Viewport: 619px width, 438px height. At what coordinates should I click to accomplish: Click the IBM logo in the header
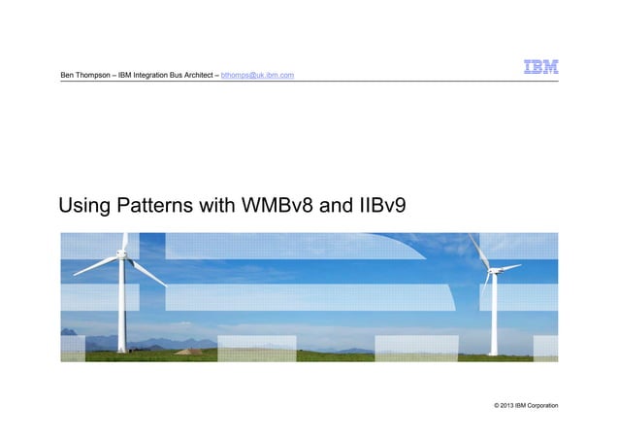click(540, 69)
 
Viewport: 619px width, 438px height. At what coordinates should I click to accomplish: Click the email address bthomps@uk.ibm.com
click(258, 75)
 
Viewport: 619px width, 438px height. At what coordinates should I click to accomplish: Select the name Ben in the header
click(68, 75)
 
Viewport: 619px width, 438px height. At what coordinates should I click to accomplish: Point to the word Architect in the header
click(193, 75)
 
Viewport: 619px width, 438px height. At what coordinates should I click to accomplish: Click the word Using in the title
click(84, 206)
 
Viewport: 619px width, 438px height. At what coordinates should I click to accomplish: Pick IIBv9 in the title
click(380, 206)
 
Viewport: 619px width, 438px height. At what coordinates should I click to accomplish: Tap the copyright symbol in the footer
click(498, 403)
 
